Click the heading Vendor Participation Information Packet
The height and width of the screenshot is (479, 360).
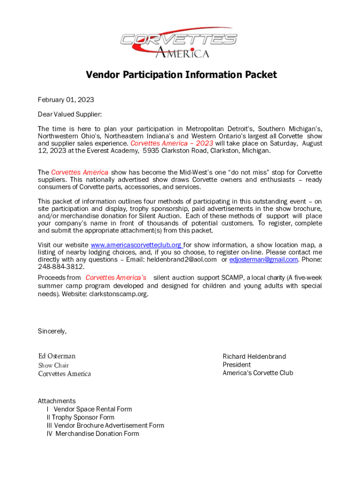[181, 75]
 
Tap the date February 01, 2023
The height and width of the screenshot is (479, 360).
[66, 100]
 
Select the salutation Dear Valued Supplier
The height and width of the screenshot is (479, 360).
[70, 114]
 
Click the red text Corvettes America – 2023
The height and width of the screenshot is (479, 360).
[172, 144]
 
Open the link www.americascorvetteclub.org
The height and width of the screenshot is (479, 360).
[136, 245]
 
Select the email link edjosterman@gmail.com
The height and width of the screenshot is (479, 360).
[264, 260]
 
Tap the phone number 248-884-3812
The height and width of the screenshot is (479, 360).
[61, 267]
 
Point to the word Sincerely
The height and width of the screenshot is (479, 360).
[52, 332]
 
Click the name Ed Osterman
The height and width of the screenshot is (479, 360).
[57, 356]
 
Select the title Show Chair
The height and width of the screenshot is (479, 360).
[53, 365]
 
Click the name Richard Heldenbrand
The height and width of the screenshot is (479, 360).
[254, 356]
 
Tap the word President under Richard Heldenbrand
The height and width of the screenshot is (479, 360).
[237, 365]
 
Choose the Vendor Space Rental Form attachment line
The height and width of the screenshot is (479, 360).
[89, 409]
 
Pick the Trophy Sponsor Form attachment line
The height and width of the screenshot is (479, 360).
[80, 417]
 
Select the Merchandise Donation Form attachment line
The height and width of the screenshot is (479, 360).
[93, 434]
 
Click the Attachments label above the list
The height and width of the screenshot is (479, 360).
[57, 401]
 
